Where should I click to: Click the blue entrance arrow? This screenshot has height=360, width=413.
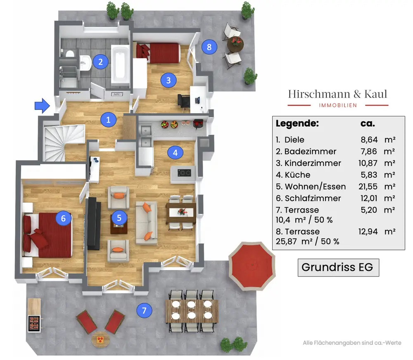(42, 106)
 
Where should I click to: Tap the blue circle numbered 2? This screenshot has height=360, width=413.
(100, 62)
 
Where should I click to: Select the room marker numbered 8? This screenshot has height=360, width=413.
(209, 47)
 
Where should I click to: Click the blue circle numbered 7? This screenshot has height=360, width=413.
(144, 310)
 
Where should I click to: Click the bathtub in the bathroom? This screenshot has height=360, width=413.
(120, 65)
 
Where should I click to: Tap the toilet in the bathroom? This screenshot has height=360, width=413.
(69, 54)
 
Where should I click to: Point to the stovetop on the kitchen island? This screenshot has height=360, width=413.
(184, 173)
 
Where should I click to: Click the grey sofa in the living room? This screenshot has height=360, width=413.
(146, 223)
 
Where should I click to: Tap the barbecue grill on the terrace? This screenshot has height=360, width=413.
(34, 324)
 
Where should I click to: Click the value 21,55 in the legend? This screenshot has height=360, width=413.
(368, 187)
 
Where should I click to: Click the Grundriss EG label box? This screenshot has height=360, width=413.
(338, 267)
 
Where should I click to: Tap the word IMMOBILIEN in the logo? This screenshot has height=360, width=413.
(338, 105)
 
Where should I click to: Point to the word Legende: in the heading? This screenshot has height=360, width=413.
(297, 123)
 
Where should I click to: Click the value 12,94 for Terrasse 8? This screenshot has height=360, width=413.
(368, 232)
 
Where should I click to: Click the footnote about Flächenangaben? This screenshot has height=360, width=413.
(352, 343)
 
